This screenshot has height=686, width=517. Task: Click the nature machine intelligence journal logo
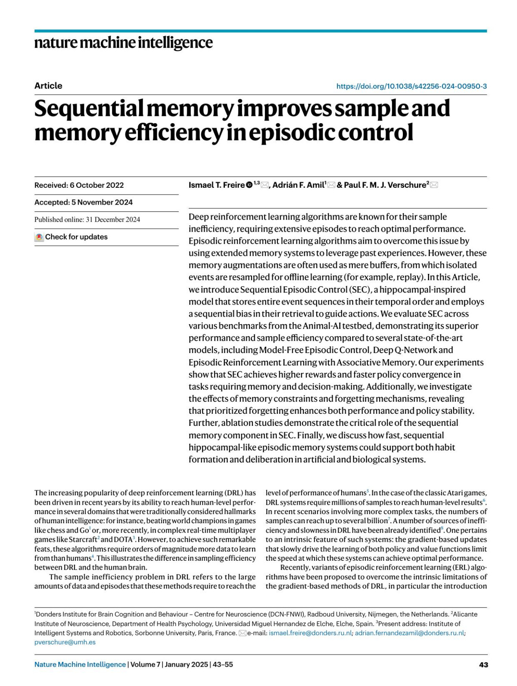pos(123,43)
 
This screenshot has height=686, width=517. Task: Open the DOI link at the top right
pos(411,86)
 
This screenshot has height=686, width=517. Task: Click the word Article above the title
pos(48,86)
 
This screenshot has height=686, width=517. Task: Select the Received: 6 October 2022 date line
pos(79,185)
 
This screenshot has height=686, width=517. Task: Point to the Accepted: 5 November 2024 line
pos(84,202)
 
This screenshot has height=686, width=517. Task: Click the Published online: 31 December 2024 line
pos(87,220)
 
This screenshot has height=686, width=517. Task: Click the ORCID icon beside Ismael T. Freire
pos(249,185)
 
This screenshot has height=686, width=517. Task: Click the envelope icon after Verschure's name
pos(434,185)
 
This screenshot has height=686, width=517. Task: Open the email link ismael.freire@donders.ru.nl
pos(310,633)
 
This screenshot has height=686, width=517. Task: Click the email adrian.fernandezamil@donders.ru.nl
pos(409,633)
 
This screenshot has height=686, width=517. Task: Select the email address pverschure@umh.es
pos(65,643)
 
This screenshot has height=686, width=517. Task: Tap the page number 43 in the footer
pos(483,665)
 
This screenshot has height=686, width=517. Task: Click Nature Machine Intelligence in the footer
pos(80,665)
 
